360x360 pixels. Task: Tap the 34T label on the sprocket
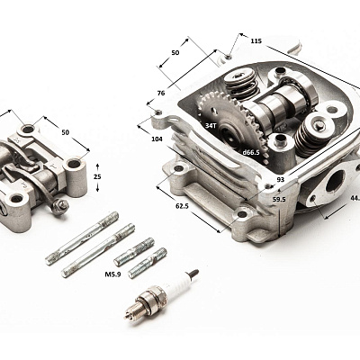tap(211, 126)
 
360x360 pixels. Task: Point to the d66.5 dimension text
tap(251, 152)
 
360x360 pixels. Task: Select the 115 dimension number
tap(256, 40)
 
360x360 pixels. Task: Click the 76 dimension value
tap(161, 94)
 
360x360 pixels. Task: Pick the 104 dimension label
tap(157, 139)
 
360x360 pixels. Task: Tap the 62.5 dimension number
tap(182, 206)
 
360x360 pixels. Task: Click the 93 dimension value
tap(281, 180)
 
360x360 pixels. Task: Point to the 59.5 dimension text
tap(279, 199)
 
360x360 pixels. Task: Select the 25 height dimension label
tap(97, 176)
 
